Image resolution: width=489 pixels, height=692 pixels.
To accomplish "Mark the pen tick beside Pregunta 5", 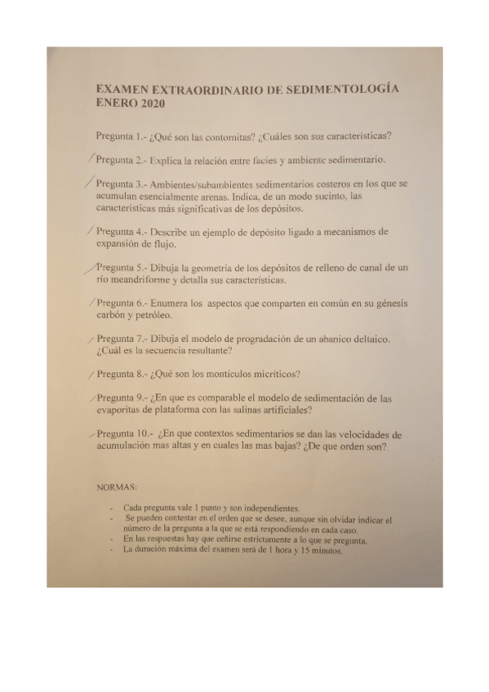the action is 90,266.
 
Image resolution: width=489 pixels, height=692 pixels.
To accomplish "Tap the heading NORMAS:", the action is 117,487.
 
